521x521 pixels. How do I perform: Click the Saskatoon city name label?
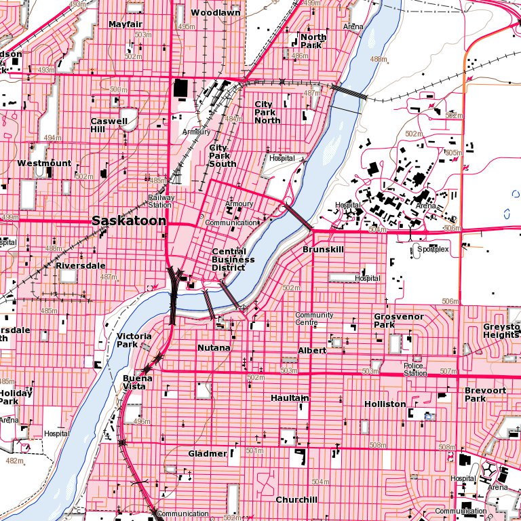click(x=129, y=221)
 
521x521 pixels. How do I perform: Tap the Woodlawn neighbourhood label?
click(x=215, y=13)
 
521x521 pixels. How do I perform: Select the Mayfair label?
click(x=125, y=24)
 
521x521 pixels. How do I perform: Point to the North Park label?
click(x=313, y=41)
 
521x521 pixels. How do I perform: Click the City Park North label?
click(x=267, y=113)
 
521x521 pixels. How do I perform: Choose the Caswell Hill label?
click(x=109, y=125)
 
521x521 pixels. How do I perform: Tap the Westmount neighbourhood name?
click(x=44, y=163)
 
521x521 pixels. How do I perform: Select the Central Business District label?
click(x=233, y=259)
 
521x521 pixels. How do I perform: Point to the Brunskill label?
click(x=323, y=250)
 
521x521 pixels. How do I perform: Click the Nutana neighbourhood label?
click(x=214, y=347)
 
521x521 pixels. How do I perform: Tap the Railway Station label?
click(x=161, y=201)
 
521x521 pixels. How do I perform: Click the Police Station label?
click(x=415, y=369)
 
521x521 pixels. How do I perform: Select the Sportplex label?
click(x=429, y=249)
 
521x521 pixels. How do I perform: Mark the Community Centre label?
click(x=314, y=319)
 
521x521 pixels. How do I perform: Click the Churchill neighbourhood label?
click(x=296, y=500)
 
